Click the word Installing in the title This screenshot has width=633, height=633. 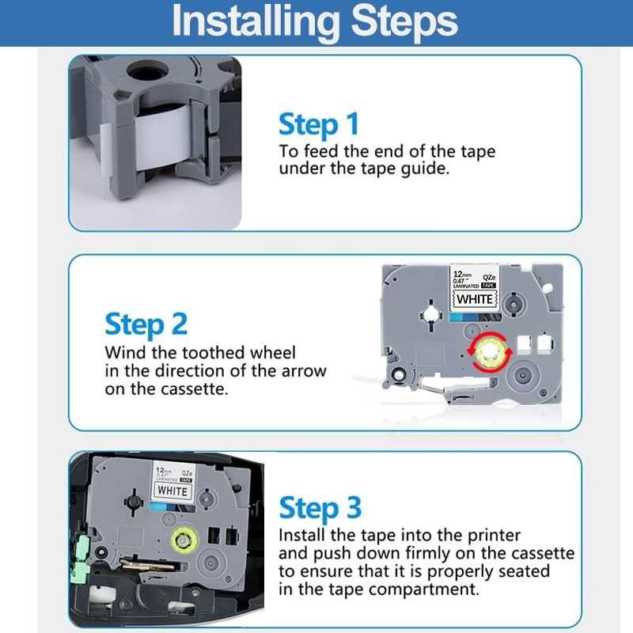click(256, 21)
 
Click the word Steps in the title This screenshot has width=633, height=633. click(404, 22)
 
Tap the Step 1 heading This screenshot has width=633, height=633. click(319, 123)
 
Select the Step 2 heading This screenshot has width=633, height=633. click(146, 324)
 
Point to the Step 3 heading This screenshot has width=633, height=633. click(320, 507)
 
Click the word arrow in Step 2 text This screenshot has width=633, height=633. click(304, 371)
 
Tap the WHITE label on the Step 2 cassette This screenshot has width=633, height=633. click(475, 299)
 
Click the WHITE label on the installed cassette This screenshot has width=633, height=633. click(172, 491)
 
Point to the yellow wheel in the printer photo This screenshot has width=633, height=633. click(184, 540)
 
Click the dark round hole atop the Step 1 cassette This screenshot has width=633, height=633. click(147, 72)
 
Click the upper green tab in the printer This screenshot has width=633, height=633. click(82, 547)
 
